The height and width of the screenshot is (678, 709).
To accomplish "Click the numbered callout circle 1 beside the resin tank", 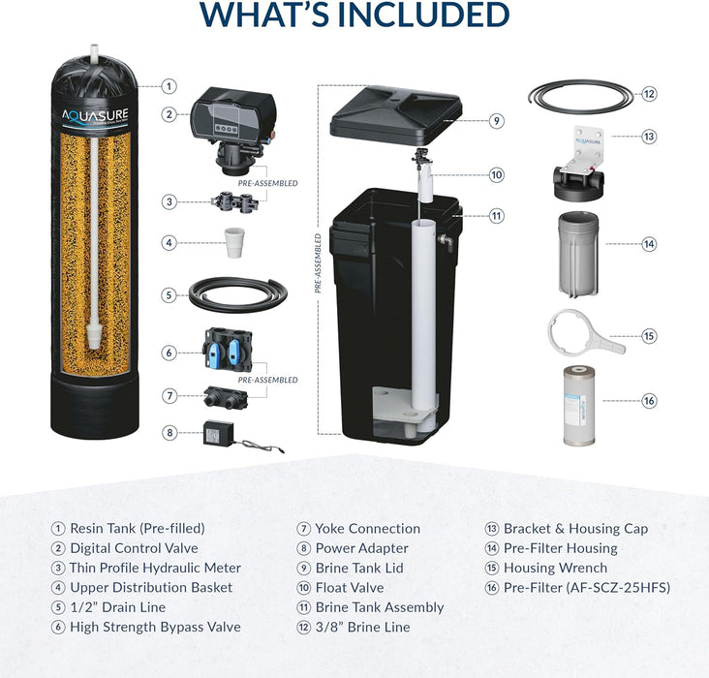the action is click(170, 86).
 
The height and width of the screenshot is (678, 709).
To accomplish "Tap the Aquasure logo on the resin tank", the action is click(95, 116).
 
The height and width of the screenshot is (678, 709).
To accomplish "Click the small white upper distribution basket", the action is click(234, 242).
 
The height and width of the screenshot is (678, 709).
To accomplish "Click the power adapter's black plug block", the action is click(218, 433).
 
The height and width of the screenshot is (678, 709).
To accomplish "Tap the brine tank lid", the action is click(396, 116).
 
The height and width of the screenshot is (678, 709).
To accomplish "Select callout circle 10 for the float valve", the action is click(497, 174).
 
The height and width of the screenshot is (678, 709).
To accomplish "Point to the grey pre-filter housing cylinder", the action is click(578, 254).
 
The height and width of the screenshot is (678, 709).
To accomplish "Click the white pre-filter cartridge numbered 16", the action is click(579, 406).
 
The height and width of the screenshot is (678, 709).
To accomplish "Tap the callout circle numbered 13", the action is click(649, 137).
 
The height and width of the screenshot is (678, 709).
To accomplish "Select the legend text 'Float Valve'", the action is click(350, 588).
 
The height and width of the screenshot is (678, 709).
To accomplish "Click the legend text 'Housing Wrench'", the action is click(555, 568).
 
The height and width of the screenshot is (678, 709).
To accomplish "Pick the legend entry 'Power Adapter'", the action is click(361, 548).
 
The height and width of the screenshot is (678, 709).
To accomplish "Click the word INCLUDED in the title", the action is click(423, 15).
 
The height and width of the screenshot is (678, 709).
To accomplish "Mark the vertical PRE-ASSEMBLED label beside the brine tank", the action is click(318, 263).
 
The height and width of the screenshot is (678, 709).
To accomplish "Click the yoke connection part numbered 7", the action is click(226, 397).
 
